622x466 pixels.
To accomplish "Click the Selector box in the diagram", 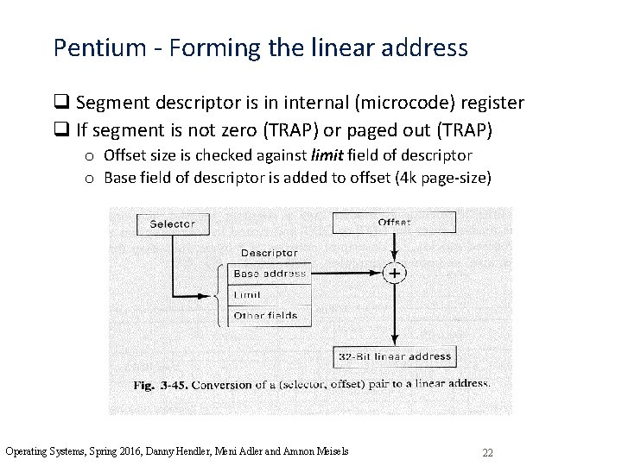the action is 173,224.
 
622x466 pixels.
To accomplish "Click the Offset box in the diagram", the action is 393,223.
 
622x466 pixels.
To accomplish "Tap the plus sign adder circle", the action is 394,273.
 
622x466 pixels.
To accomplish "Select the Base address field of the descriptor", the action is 270,274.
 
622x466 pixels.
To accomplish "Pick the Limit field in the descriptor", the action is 270,294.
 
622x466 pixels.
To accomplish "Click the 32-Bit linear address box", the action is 394,356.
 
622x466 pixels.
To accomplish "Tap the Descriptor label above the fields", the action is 269,253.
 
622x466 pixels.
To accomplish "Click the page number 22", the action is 487,452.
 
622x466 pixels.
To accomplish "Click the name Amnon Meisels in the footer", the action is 321,451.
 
